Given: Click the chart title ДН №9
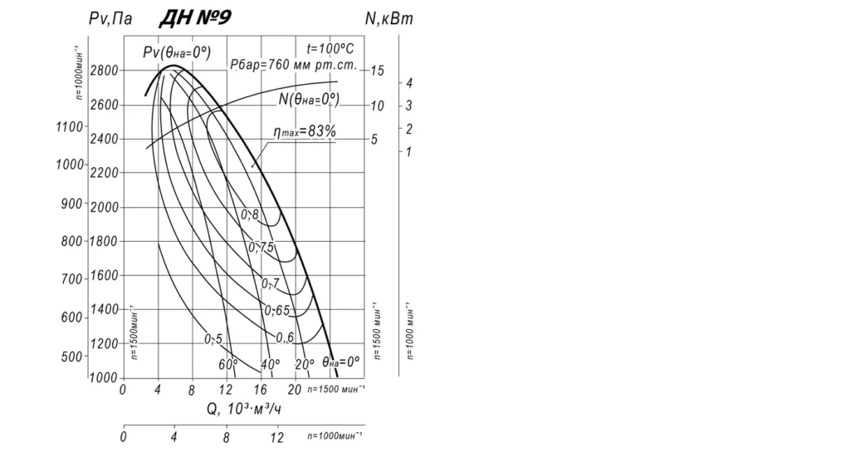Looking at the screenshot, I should coord(194,18).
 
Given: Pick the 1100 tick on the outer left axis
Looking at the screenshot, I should coord(71,126).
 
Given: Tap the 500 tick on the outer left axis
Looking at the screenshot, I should coord(75,357).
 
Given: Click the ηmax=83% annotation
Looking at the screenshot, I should coord(305,131).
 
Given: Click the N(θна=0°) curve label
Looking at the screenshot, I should coord(309,99).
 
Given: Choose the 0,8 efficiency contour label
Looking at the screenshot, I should coord(250,214).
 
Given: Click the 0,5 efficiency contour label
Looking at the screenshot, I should coord(213,339).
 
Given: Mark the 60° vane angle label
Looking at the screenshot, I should coord(228,365).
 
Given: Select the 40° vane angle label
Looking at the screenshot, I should coord(270,365).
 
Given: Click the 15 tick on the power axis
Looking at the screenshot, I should coord(377,71).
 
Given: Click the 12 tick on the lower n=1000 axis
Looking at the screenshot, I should coord(277,436).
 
